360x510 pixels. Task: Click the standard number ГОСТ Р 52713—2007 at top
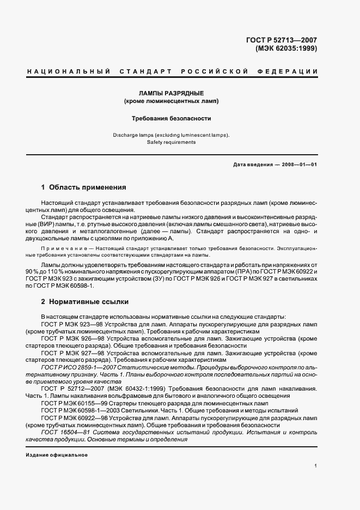[282, 40]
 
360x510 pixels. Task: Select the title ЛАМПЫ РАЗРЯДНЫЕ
[170, 93]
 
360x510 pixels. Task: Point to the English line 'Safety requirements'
[171, 142]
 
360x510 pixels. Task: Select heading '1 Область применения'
[84, 187]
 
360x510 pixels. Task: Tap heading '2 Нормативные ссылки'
[85, 301]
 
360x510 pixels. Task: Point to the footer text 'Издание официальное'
[57, 455]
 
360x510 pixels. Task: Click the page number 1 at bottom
[316, 466]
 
